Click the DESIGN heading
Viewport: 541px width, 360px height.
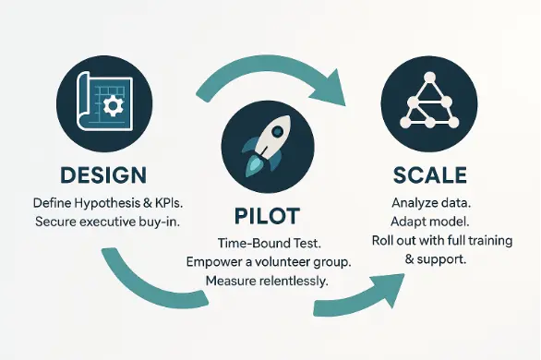point(102,175)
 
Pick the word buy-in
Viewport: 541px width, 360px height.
point(167,222)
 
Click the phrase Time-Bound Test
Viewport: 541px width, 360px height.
point(269,242)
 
